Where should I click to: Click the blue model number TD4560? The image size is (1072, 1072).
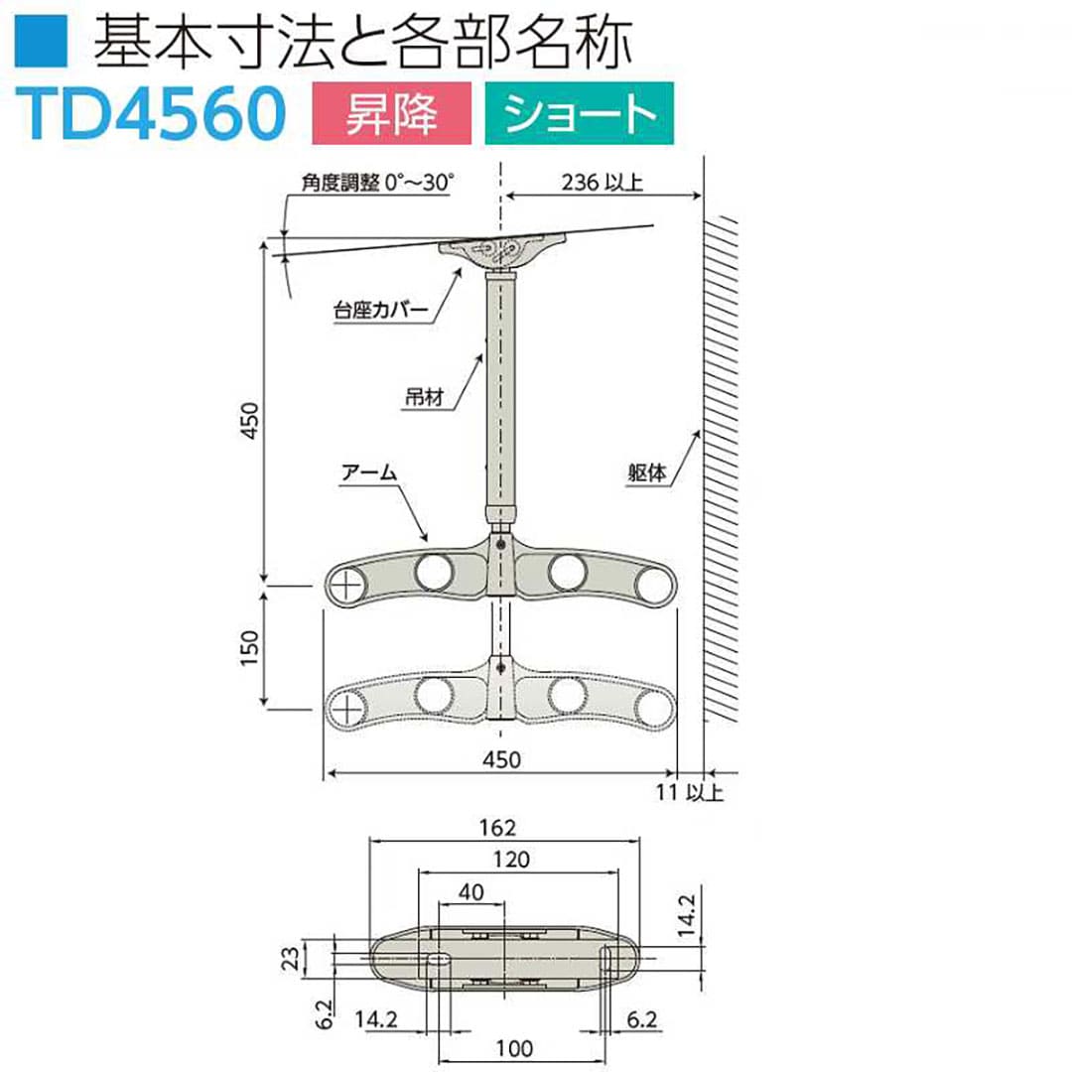click(x=151, y=113)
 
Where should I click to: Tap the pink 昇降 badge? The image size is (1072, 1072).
click(x=392, y=113)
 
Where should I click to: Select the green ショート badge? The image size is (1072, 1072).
click(x=579, y=113)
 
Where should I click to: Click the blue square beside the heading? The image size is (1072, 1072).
click(x=41, y=43)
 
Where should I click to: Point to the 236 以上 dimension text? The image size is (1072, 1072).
click(x=602, y=183)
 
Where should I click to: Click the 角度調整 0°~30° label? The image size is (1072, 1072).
click(x=377, y=183)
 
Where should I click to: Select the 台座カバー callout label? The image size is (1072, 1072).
click(x=380, y=311)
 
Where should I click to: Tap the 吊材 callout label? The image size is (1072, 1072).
click(x=425, y=396)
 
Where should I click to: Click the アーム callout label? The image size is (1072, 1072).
click(x=369, y=472)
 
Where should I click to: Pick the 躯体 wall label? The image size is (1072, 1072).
click(x=646, y=472)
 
